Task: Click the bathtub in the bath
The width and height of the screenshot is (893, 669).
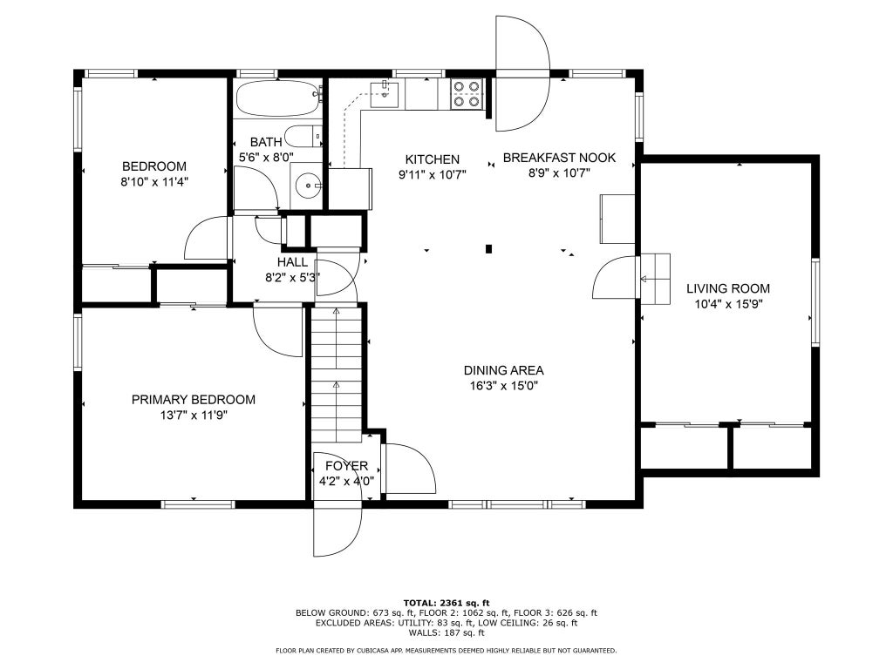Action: point(279,98)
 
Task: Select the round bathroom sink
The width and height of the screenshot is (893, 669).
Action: point(309,186)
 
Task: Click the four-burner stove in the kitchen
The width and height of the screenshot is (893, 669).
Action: point(467,94)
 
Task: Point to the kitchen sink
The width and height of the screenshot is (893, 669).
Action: point(384,93)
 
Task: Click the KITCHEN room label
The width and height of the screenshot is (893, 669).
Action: point(433,159)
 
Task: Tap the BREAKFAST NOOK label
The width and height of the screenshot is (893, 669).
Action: point(559,158)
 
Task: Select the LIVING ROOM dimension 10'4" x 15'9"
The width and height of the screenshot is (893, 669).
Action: point(728,304)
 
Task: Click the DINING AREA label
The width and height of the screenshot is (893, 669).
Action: point(503,370)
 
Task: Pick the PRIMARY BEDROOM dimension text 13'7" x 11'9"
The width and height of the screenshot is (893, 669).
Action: point(194,416)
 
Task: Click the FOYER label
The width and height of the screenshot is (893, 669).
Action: point(347,466)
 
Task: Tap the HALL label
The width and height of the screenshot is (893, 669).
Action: point(293,262)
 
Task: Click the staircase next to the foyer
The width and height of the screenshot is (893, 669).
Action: point(337,375)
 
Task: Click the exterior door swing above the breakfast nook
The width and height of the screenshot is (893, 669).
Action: point(522,73)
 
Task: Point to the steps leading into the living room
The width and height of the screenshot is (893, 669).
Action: point(655,280)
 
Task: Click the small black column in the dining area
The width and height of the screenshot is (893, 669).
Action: point(488,248)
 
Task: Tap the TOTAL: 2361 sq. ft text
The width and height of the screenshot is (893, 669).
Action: point(446,603)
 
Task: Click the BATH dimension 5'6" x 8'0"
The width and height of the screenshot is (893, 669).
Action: point(266,157)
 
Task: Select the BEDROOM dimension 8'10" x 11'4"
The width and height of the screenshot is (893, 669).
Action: point(154,182)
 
